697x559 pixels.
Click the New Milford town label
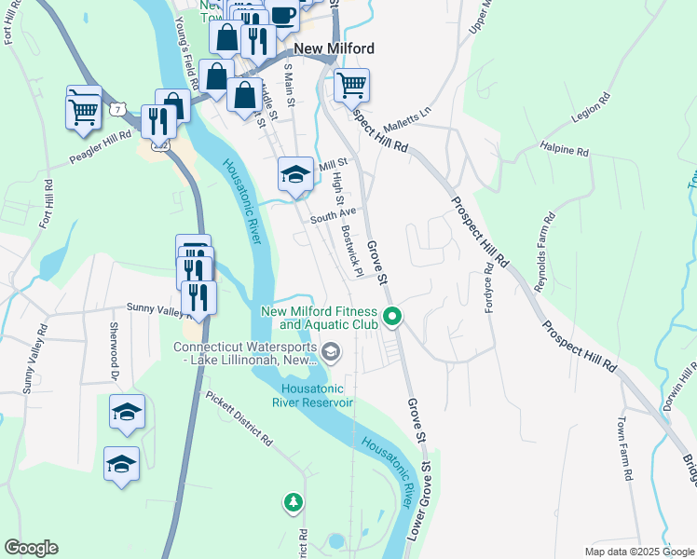(334, 48)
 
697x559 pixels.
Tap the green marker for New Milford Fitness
(392, 318)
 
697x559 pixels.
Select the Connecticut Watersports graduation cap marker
(333, 351)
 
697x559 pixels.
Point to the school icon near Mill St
(295, 174)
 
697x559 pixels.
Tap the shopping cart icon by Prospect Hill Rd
(351, 86)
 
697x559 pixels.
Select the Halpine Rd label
(564, 149)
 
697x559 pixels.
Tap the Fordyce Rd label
(488, 289)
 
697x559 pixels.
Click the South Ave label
(334, 214)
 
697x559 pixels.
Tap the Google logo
(31, 548)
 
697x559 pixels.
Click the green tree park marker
(294, 503)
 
